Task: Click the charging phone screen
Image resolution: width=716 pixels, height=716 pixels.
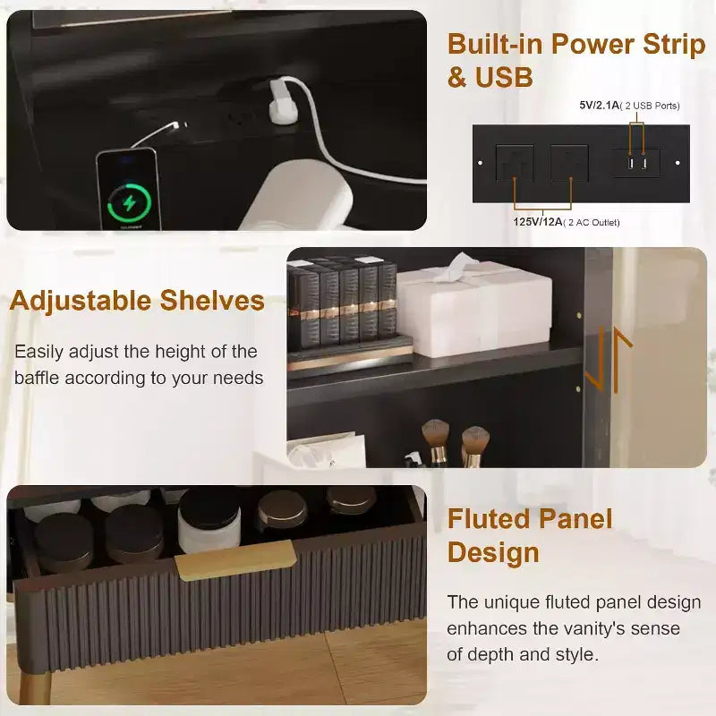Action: click(x=129, y=191)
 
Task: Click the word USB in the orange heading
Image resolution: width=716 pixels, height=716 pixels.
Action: click(x=504, y=77)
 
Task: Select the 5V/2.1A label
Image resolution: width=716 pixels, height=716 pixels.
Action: click(x=599, y=105)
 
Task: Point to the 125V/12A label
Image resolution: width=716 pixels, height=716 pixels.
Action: click(x=538, y=222)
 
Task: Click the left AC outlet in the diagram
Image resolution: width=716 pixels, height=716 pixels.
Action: click(x=515, y=163)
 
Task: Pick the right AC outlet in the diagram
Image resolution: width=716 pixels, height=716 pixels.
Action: click(x=569, y=163)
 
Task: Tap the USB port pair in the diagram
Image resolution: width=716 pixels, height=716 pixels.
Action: click(x=636, y=163)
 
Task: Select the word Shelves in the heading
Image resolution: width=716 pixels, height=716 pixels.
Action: click(x=212, y=301)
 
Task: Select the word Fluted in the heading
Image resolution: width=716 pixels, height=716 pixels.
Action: click(x=488, y=519)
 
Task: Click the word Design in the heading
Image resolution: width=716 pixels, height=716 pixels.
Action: click(x=493, y=553)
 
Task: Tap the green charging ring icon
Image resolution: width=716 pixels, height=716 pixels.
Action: click(x=129, y=203)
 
